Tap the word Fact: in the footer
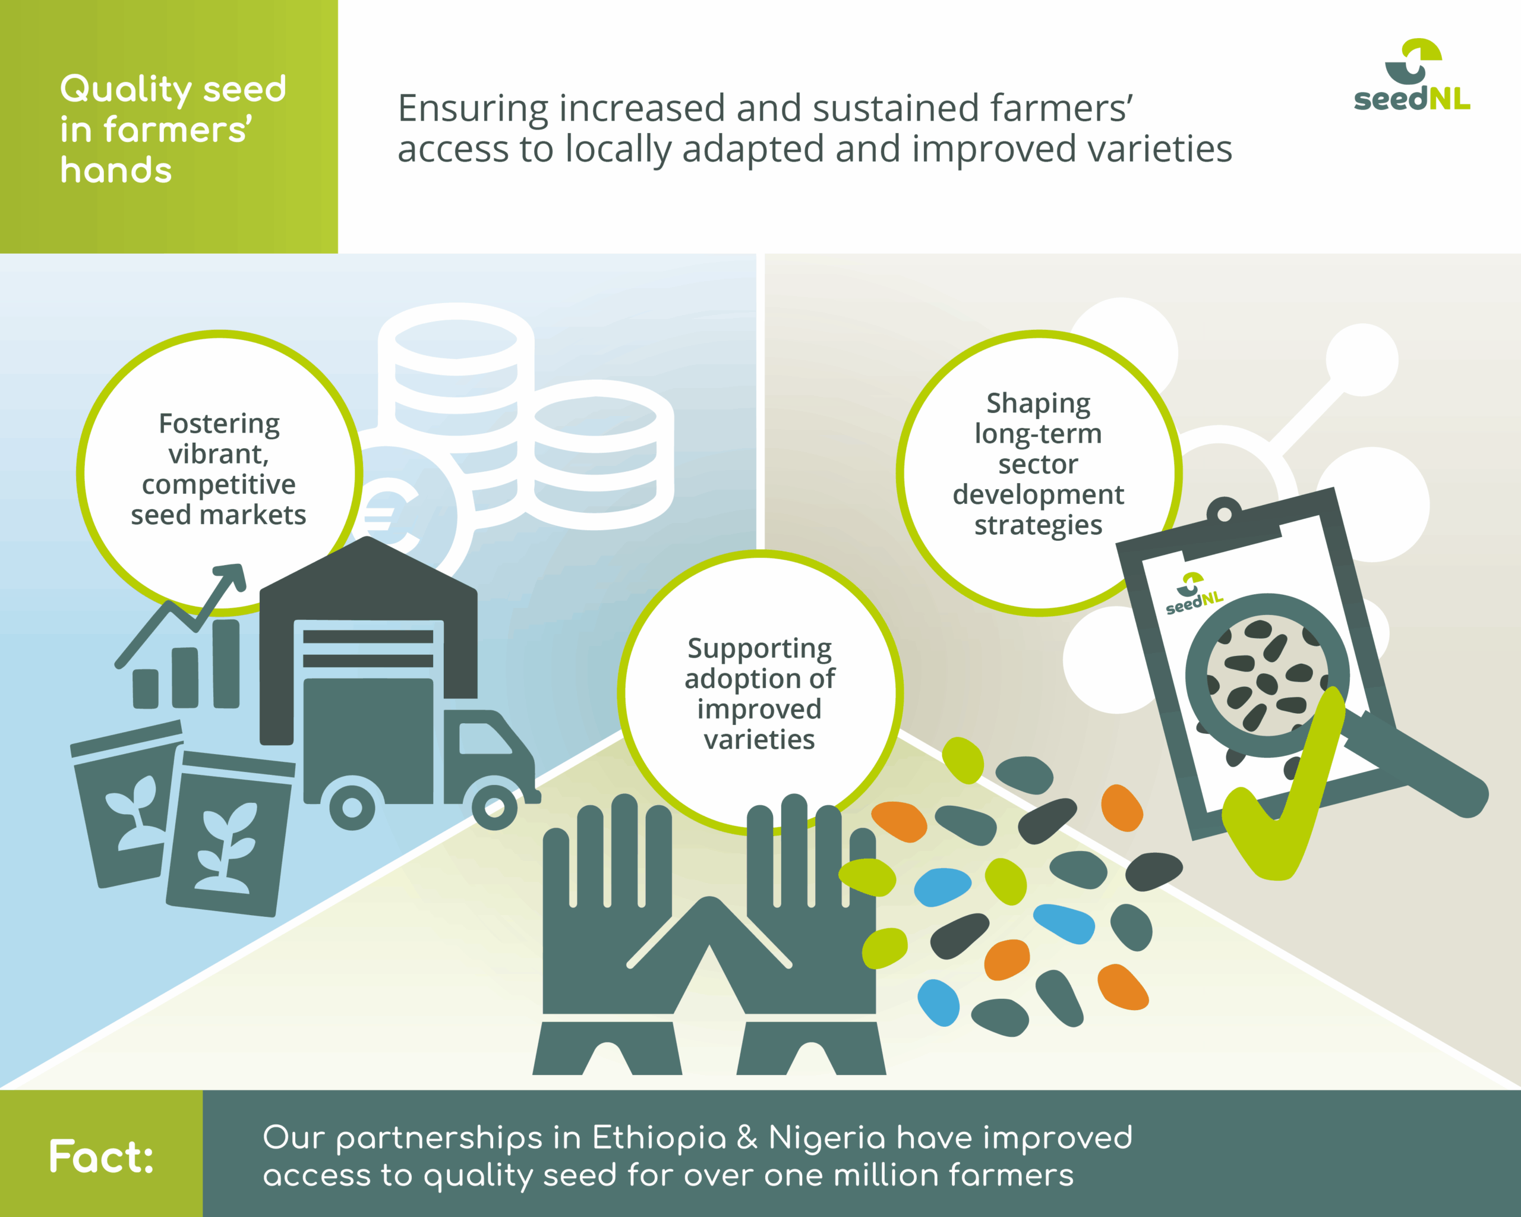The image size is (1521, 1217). pyautogui.click(x=102, y=1157)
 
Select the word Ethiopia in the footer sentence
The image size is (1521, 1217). pyautogui.click(x=659, y=1139)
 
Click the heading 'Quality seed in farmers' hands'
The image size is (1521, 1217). pyautogui.click(x=173, y=128)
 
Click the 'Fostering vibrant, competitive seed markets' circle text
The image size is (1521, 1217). pyautogui.click(x=219, y=469)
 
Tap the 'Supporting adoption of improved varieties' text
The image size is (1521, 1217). pyautogui.click(x=760, y=693)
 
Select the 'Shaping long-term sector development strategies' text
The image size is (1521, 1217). pyautogui.click(x=1038, y=464)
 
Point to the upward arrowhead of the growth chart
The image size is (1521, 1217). pyautogui.click(x=231, y=576)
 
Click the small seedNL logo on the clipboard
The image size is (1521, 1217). pyautogui.click(x=1194, y=594)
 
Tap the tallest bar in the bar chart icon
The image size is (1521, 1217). pyautogui.click(x=226, y=663)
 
